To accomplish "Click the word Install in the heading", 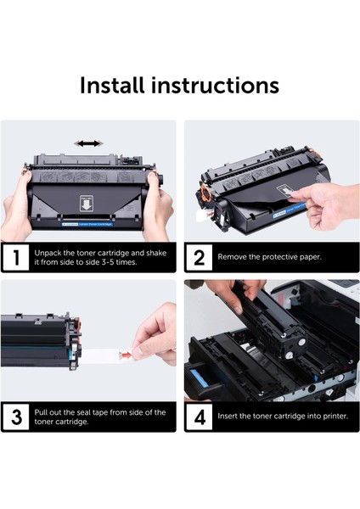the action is pyautogui.click(x=112, y=86).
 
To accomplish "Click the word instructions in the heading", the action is pyautogui.click(x=215, y=86).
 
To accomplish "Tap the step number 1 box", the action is pyautogui.click(x=16, y=257).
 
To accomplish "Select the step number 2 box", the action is pyautogui.click(x=200, y=257).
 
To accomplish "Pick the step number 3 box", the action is pyautogui.click(x=16, y=417).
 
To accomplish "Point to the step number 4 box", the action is pyautogui.click(x=200, y=417).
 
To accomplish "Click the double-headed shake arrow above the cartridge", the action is pyautogui.click(x=88, y=143).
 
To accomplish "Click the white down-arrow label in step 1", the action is pyautogui.click(x=87, y=204).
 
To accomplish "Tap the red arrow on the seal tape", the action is pyautogui.click(x=126, y=355).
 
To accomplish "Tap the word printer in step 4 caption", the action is pyautogui.click(x=335, y=417).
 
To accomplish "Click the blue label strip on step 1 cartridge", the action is pyautogui.click(x=87, y=224).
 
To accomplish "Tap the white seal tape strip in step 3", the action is pyautogui.click(x=107, y=355).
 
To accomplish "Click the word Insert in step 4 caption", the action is pyautogui.click(x=227, y=416).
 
